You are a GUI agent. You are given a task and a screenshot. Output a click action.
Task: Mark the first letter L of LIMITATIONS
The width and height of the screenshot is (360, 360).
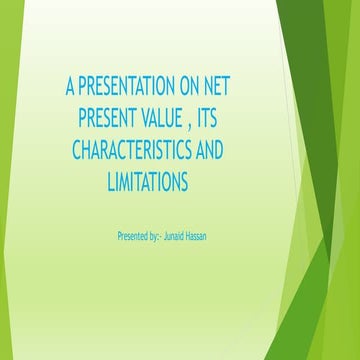point(109,183)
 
